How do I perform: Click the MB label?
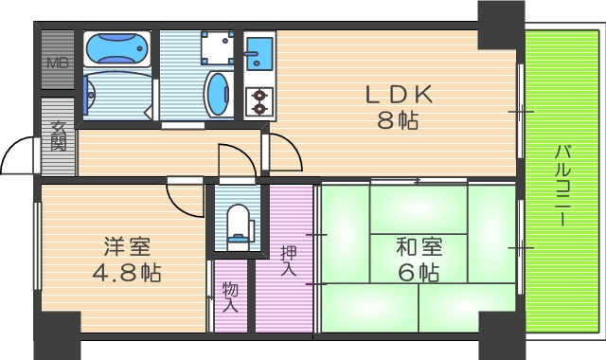58,64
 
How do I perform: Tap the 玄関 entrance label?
59,137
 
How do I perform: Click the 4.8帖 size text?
128,274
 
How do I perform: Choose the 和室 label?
419,248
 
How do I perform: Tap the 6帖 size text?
419,274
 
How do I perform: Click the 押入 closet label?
289,261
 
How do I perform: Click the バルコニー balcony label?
561,185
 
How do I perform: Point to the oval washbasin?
218,96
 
